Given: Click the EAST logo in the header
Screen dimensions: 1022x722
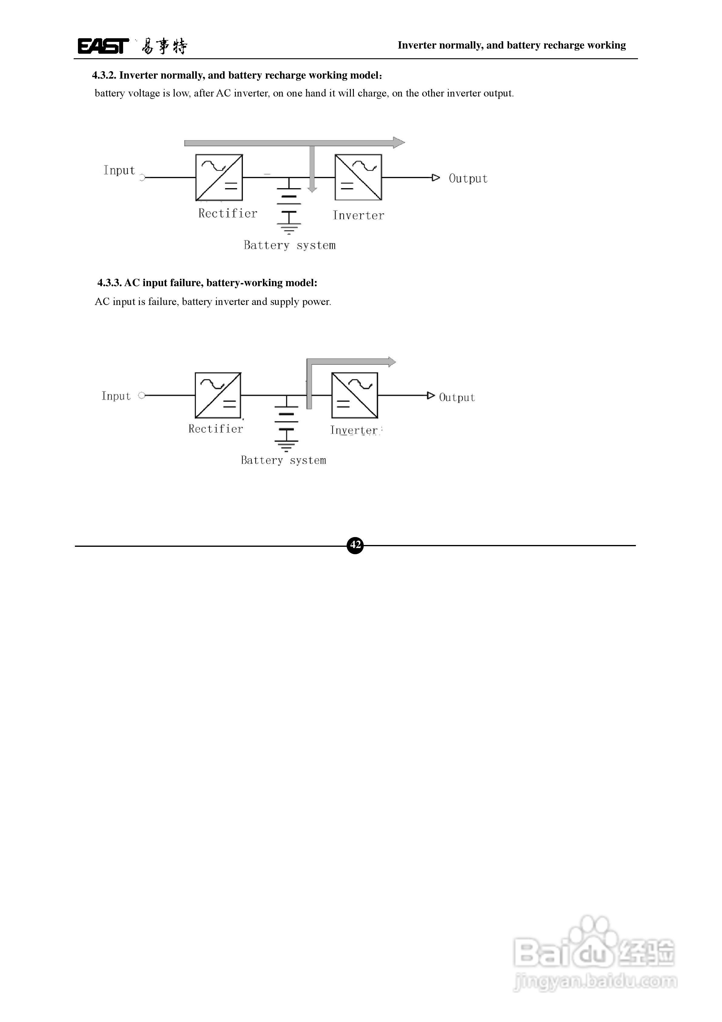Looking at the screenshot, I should pyautogui.click(x=103, y=46).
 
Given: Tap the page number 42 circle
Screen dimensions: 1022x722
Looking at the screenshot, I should pyautogui.click(x=355, y=545).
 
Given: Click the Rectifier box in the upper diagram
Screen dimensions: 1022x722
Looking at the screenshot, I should pyautogui.click(x=219, y=178).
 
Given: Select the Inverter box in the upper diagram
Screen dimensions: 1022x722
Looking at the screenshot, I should pyautogui.click(x=358, y=178).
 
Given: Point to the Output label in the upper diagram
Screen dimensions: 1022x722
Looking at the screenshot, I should pyautogui.click(x=468, y=178).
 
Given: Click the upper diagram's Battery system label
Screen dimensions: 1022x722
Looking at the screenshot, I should pyautogui.click(x=290, y=245).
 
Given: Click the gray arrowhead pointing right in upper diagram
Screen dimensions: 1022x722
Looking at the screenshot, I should pyautogui.click(x=399, y=142).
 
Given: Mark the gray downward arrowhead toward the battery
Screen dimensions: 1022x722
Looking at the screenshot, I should pyautogui.click(x=312, y=189).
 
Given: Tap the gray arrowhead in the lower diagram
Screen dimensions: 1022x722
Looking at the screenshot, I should pyautogui.click(x=391, y=361).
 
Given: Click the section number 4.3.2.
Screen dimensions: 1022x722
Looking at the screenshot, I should pyautogui.click(x=104, y=75).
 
